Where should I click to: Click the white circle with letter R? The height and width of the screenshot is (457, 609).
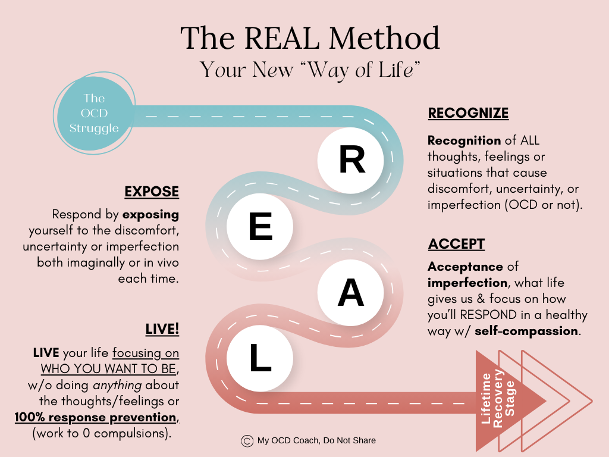pyautogui.click(x=352, y=161)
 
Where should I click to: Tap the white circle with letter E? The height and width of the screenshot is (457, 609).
pyautogui.click(x=260, y=228)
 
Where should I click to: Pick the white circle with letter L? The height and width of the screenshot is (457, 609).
pyautogui.click(x=260, y=359)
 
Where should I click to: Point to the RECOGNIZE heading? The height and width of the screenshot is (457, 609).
pyautogui.click(x=468, y=113)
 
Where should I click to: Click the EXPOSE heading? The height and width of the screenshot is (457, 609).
pyautogui.click(x=152, y=192)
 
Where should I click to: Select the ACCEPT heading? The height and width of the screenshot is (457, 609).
pyautogui.click(x=456, y=244)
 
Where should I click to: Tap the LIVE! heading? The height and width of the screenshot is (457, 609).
pyautogui.click(x=162, y=329)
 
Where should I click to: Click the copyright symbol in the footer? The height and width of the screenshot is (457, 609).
pyautogui.click(x=247, y=440)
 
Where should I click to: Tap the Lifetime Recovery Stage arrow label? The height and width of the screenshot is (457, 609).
pyautogui.click(x=500, y=397)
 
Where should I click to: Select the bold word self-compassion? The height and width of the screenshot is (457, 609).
pyautogui.click(x=526, y=330)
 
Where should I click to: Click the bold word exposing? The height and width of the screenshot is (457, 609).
pyautogui.click(x=151, y=214)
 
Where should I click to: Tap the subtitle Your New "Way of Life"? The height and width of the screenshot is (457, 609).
pyautogui.click(x=310, y=70)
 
